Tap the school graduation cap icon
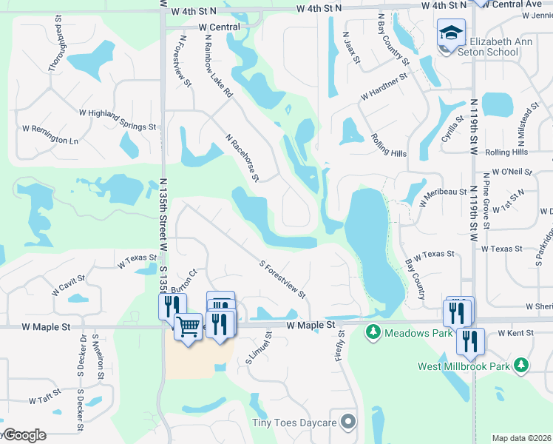click(450, 33)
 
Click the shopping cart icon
click(187, 326)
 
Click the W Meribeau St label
click(441, 191)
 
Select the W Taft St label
click(44, 400)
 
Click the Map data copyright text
click(521, 438)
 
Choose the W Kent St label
click(516, 334)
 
